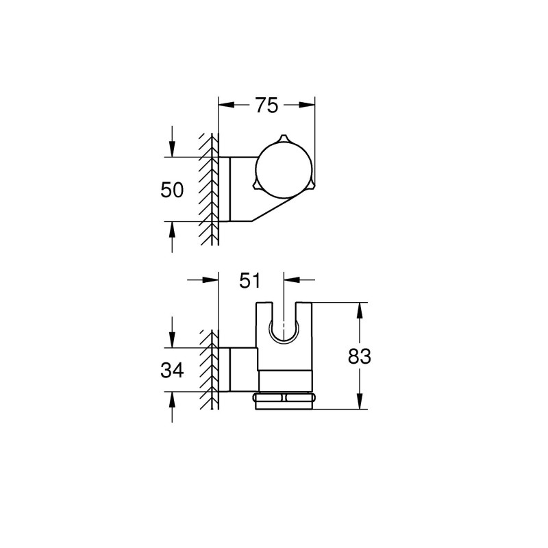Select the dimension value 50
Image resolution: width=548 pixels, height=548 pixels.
172,190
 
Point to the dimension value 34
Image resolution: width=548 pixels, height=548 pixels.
172,371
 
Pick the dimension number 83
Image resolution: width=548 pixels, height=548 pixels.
359,356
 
